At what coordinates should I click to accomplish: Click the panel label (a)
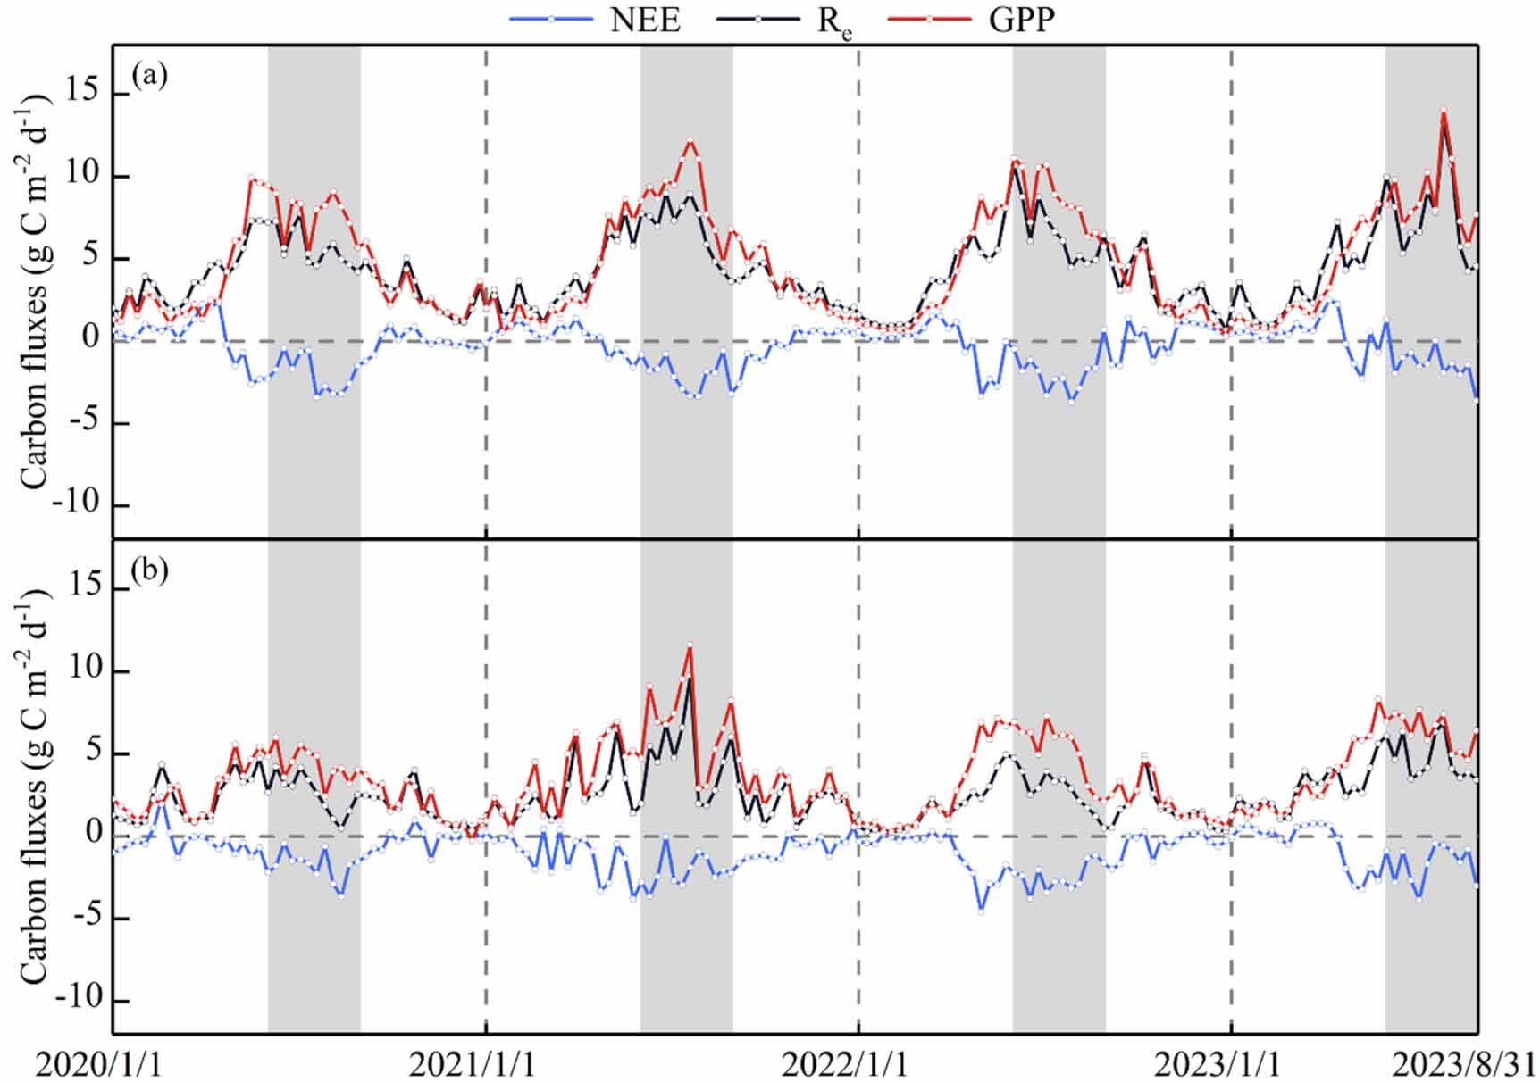[x=149, y=75]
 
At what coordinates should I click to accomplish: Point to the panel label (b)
[x=149, y=570]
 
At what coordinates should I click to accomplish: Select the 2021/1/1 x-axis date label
[x=473, y=1064]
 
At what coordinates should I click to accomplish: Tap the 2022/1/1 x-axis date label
[x=845, y=1064]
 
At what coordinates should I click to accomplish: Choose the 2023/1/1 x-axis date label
[x=1218, y=1064]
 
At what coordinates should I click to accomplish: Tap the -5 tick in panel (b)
[x=82, y=917]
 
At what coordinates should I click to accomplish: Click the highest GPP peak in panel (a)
[x=1444, y=110]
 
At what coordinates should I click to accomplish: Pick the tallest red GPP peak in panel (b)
[x=690, y=645]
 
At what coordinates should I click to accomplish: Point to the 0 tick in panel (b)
[x=92, y=835]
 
